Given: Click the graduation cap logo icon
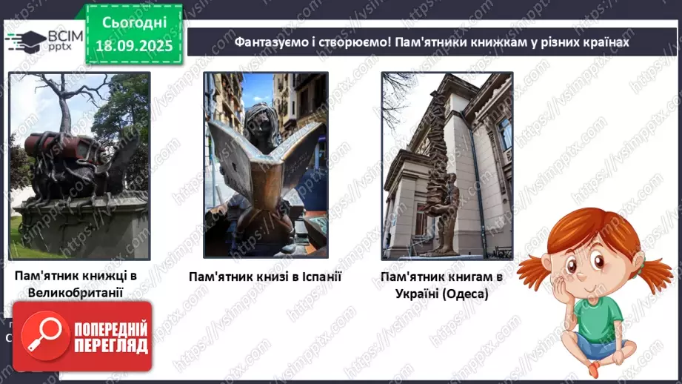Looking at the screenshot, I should (x=24, y=41).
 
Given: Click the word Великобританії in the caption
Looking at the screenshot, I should (x=76, y=292).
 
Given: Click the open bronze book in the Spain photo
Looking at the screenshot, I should (x=264, y=163).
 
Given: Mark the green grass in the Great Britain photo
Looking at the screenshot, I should (x=21, y=245).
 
